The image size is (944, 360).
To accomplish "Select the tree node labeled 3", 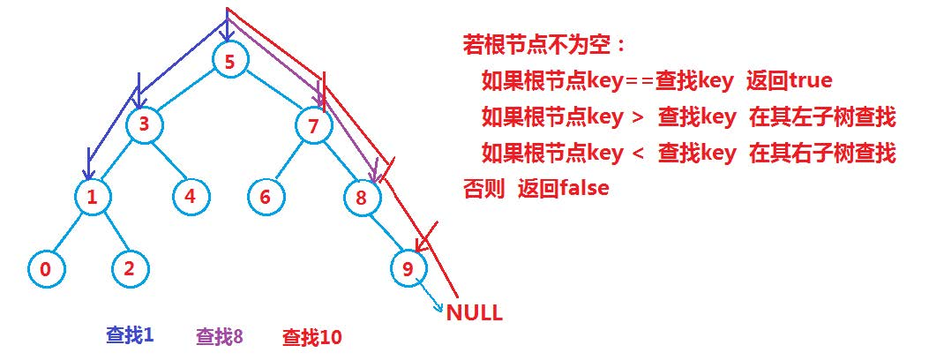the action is (144, 125).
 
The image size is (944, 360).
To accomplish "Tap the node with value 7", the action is (313, 125).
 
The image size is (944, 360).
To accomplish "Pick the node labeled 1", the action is (92, 197).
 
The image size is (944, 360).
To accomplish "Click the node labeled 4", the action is (191, 197).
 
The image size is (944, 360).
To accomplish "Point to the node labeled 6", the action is (265, 197).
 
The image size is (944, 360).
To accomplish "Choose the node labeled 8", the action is (361, 198).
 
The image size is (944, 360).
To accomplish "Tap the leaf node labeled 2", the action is (129, 269).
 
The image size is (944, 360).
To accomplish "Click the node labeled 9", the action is (408, 269).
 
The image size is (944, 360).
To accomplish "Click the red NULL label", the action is (474, 312).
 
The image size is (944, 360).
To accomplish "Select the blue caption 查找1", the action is (130, 334).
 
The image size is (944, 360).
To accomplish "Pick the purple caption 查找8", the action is (219, 336).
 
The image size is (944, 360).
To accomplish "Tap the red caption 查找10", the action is (311, 337).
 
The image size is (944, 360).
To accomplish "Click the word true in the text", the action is (811, 81).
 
